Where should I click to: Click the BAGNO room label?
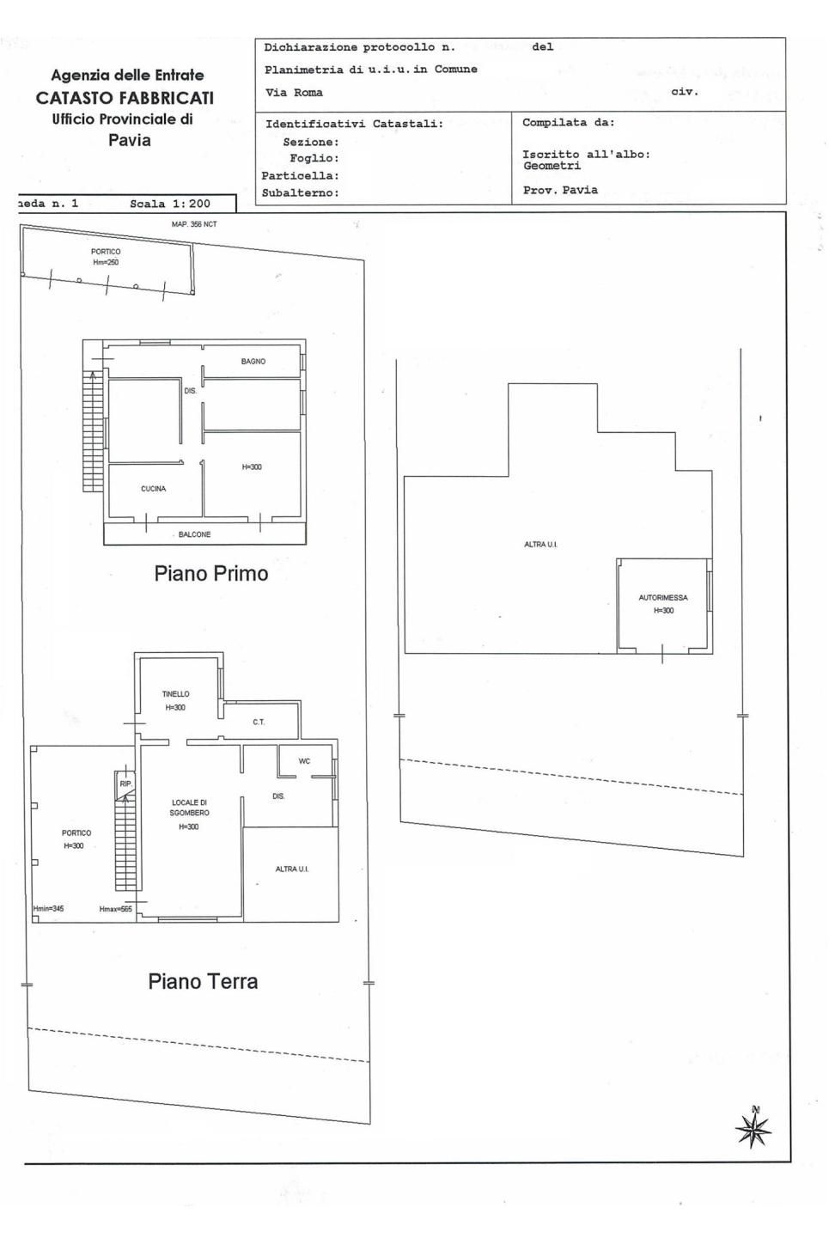coord(253,362)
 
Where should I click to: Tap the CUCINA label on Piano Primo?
coord(153,489)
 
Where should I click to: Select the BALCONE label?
coord(194,534)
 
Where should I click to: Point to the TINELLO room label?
coord(175,693)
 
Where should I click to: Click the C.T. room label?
coord(259,722)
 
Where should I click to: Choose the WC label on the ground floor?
coord(304,761)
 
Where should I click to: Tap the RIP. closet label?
coord(126,784)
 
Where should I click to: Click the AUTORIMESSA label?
coord(663,598)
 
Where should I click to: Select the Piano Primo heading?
coord(211,573)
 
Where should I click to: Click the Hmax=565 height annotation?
coord(115,909)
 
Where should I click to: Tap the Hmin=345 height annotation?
coord(48,909)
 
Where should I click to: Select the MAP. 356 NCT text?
coord(194,224)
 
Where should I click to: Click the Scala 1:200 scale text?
coord(170,204)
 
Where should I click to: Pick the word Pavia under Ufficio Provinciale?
coord(130,140)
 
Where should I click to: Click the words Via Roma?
coord(294,93)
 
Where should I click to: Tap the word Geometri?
coord(552,166)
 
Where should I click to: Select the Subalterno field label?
coord(301,193)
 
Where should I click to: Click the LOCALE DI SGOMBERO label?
coord(190,808)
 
